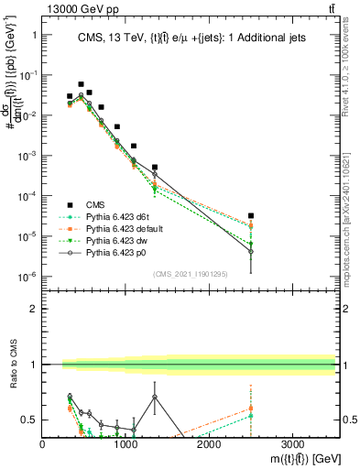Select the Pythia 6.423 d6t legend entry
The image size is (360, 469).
coord(120,216)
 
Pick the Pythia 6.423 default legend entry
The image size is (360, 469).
coord(125,227)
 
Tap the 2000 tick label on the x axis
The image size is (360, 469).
coord(209,444)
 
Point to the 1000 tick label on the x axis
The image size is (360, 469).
coord(125,444)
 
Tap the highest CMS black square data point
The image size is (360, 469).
coord(81,84)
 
